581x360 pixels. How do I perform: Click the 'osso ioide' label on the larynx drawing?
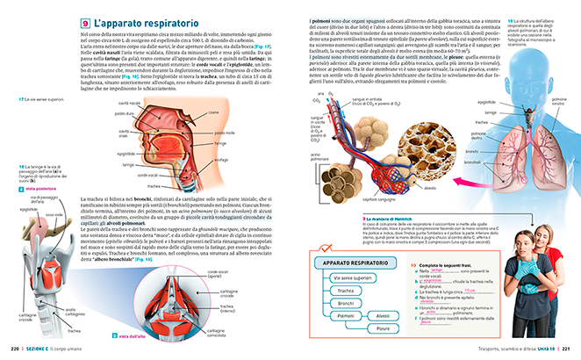click(x=54, y=214)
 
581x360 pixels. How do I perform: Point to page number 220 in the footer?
click(x=15, y=349)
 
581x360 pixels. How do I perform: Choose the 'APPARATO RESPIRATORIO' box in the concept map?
click(x=348, y=263)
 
